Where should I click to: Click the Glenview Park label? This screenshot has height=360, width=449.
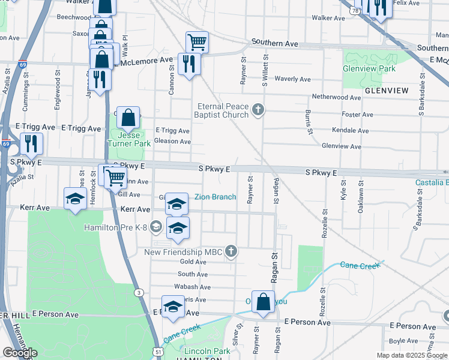pyautogui.click(x=369, y=69)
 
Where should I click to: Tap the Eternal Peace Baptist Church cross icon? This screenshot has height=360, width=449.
pyautogui.click(x=258, y=109)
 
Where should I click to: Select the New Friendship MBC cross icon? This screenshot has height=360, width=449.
pyautogui.click(x=230, y=252)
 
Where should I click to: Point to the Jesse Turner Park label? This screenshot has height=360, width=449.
pyautogui.click(x=128, y=139)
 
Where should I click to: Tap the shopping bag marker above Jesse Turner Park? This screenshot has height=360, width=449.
pyautogui.click(x=128, y=118)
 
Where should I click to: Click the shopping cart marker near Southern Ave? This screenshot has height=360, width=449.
pyautogui.click(x=197, y=42)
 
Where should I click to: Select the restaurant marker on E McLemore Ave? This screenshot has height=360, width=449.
pyautogui.click(x=189, y=64)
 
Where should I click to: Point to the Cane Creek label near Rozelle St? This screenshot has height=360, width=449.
pyautogui.click(x=360, y=265)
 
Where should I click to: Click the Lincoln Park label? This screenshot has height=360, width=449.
pyautogui.click(x=190, y=351)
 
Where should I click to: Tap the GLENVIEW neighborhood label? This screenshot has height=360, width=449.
pyautogui.click(x=385, y=91)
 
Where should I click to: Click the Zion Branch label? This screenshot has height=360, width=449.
pyautogui.click(x=215, y=197)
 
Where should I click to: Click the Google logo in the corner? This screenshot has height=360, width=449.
pyautogui.click(x=20, y=353)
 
